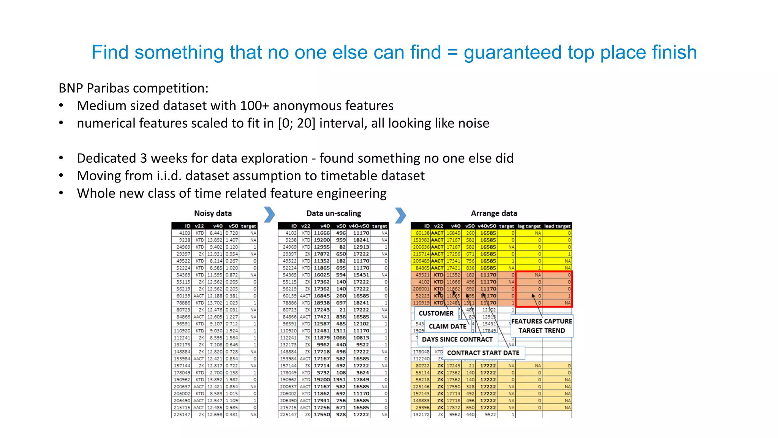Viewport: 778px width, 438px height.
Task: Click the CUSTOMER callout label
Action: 436,313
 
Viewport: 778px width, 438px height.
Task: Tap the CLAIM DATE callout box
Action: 447,326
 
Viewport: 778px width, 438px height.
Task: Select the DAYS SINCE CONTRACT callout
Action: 457,339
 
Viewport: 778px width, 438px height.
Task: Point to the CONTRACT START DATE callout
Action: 483,353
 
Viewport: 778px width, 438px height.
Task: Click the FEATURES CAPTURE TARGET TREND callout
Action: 541,326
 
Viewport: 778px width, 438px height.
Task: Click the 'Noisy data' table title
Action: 213,213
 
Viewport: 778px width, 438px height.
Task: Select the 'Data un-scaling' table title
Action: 334,213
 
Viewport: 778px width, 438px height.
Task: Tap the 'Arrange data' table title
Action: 494,213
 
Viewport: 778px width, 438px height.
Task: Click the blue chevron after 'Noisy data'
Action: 269,215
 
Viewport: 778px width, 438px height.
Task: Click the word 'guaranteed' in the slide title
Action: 512,52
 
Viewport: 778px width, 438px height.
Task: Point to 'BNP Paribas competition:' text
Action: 133,88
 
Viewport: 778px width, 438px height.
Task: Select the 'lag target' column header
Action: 529,226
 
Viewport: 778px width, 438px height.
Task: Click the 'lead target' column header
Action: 557,226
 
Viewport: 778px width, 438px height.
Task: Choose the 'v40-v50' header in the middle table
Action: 359,226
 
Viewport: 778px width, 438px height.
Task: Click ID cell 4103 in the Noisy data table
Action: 185,233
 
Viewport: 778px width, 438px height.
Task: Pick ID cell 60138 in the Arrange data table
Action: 422,233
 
